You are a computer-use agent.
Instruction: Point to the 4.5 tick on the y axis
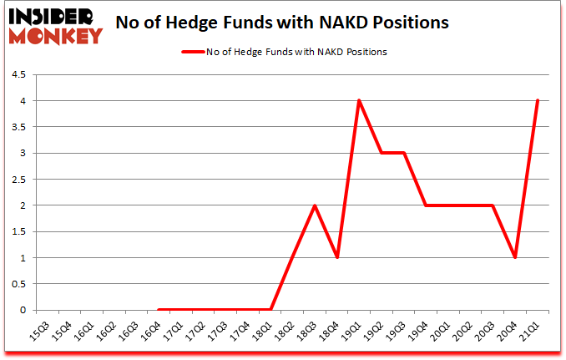(17, 75)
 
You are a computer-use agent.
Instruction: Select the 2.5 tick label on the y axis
(17, 180)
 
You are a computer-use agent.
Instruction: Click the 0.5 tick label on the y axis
(17, 284)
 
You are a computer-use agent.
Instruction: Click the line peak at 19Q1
(359, 101)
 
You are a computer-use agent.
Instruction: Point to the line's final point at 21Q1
(538, 101)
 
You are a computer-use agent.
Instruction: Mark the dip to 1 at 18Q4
(336, 257)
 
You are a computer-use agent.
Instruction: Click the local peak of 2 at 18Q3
(314, 205)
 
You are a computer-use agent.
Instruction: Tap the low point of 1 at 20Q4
(516, 257)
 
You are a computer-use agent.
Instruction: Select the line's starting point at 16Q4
(158, 309)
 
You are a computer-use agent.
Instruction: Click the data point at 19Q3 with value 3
(404, 153)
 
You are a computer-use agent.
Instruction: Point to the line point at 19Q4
(427, 205)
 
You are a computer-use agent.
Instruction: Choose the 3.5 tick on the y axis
(17, 127)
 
